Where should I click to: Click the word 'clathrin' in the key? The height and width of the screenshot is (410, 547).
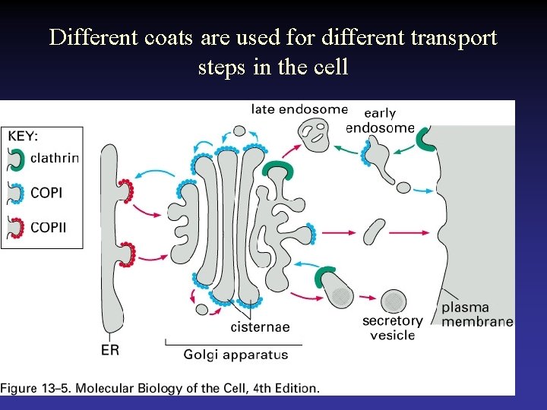click(x=54, y=158)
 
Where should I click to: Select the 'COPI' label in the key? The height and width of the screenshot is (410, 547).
click(x=46, y=192)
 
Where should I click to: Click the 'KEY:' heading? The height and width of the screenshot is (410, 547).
click(x=24, y=137)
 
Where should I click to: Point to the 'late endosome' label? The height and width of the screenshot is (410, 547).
click(x=299, y=109)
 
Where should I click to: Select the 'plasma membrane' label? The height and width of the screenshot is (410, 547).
click(x=477, y=314)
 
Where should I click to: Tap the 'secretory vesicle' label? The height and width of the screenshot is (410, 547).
click(x=392, y=328)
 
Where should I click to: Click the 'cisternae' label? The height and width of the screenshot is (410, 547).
click(x=260, y=327)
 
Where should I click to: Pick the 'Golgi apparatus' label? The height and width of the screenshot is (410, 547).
click(x=236, y=355)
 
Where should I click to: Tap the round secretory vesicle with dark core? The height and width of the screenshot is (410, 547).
click(x=394, y=301)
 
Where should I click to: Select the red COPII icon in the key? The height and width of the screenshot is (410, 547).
click(x=16, y=226)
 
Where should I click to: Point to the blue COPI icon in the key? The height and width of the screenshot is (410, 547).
click(x=16, y=193)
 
